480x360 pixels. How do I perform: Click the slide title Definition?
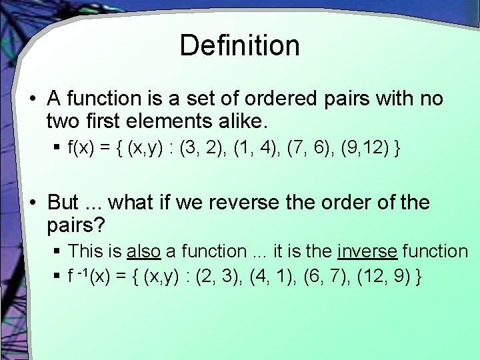tap(239, 45)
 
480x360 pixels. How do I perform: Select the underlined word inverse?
tap(367, 251)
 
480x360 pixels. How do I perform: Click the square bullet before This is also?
tap(59, 251)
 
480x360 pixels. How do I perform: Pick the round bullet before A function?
tap(32, 99)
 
